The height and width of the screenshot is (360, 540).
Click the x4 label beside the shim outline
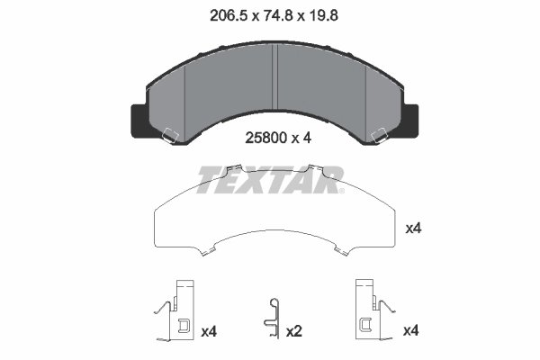(x=413, y=229)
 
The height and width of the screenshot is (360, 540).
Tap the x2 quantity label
(x=293, y=332)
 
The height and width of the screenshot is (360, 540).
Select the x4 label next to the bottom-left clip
(x=210, y=332)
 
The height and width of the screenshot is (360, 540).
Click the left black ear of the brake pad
(x=140, y=119)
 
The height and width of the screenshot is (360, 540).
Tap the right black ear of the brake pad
(x=409, y=119)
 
